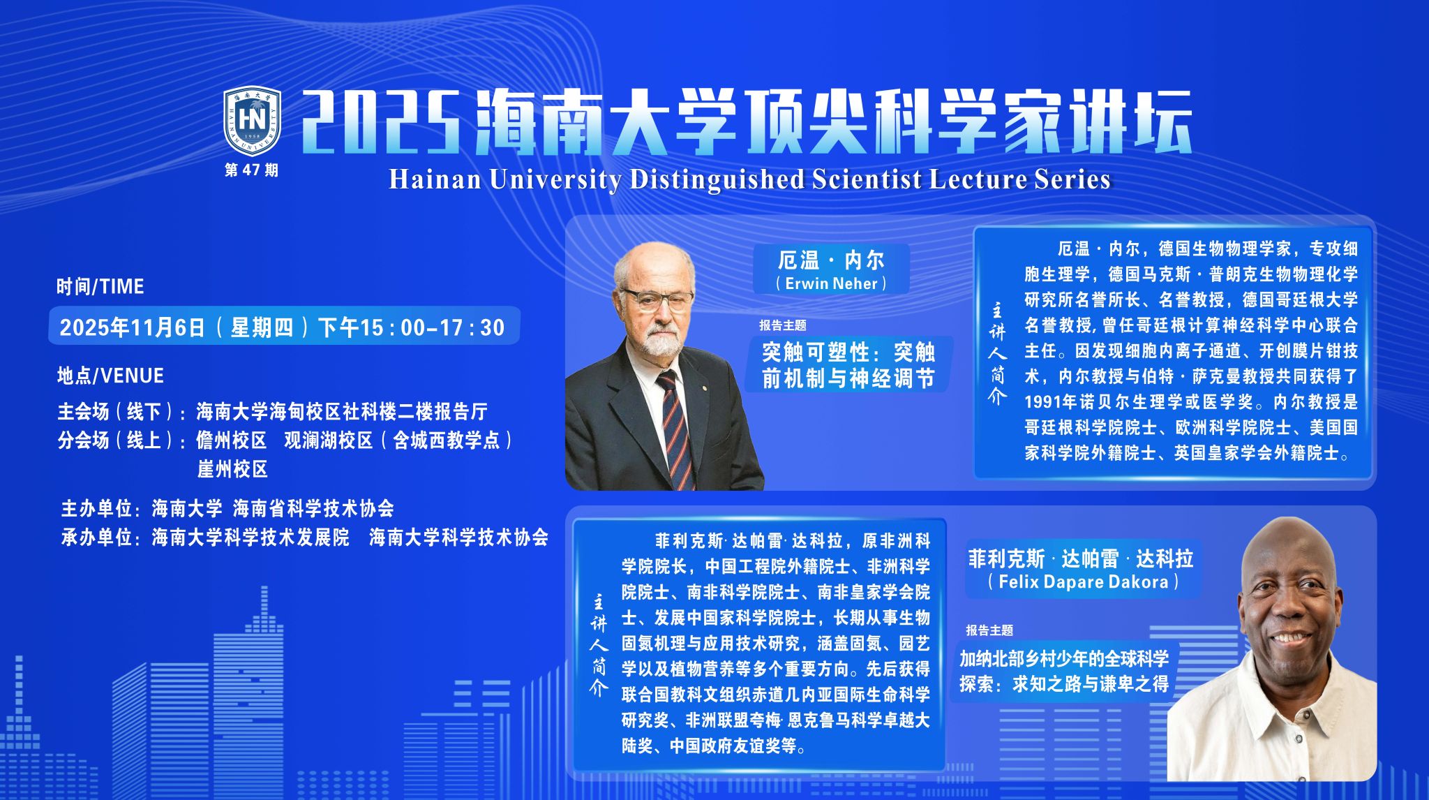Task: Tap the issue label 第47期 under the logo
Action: point(251,170)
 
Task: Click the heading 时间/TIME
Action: point(100,286)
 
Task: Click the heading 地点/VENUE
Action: point(110,376)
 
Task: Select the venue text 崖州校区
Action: point(232,468)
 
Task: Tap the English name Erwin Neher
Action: point(831,283)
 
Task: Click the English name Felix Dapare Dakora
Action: point(1083,582)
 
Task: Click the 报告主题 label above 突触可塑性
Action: point(783,325)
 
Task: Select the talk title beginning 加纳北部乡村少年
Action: point(1064,671)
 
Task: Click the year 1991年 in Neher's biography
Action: point(1050,402)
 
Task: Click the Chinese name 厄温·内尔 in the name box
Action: point(831,260)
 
